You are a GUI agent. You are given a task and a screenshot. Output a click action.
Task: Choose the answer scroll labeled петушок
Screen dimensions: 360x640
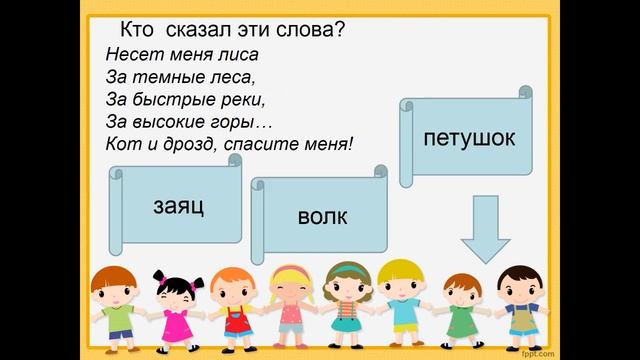pyautogui.click(x=470, y=137)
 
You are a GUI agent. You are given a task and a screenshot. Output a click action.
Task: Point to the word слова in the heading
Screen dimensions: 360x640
pyautogui.click(x=311, y=29)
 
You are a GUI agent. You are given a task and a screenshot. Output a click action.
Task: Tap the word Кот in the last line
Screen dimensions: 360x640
pyautogui.click(x=121, y=144)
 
